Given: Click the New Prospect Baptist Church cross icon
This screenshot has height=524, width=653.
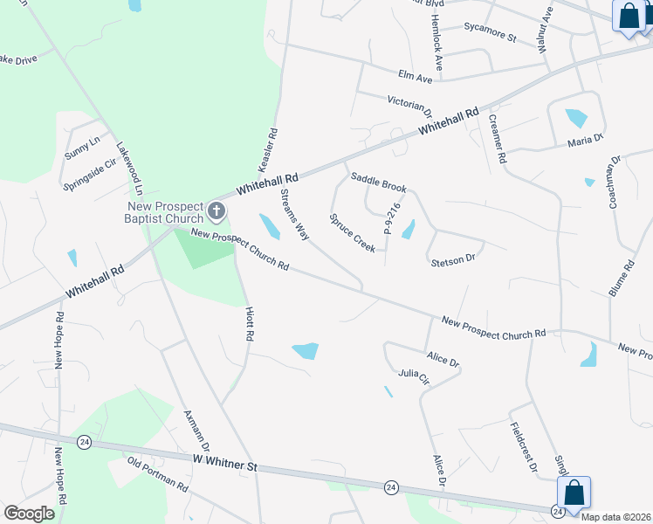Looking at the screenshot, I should [x=217, y=211].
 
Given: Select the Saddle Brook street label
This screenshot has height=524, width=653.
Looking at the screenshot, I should [x=379, y=182].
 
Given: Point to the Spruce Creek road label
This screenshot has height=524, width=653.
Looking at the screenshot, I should [x=352, y=233].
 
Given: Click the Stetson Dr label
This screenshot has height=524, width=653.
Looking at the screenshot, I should [x=452, y=259].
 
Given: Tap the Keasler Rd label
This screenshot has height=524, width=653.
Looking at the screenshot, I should [x=267, y=150].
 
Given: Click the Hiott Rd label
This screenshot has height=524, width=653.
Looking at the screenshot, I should [x=250, y=323].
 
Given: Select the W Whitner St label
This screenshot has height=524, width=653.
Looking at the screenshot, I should [x=225, y=461].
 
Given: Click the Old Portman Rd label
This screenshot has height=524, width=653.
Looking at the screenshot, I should [x=157, y=473].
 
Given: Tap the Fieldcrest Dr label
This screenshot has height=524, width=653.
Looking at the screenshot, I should [x=523, y=447].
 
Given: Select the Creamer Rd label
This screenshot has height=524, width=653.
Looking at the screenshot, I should [x=498, y=140].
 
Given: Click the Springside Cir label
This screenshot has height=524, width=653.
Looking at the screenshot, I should [x=90, y=175].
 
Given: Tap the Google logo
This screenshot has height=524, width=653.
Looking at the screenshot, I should [x=29, y=513].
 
